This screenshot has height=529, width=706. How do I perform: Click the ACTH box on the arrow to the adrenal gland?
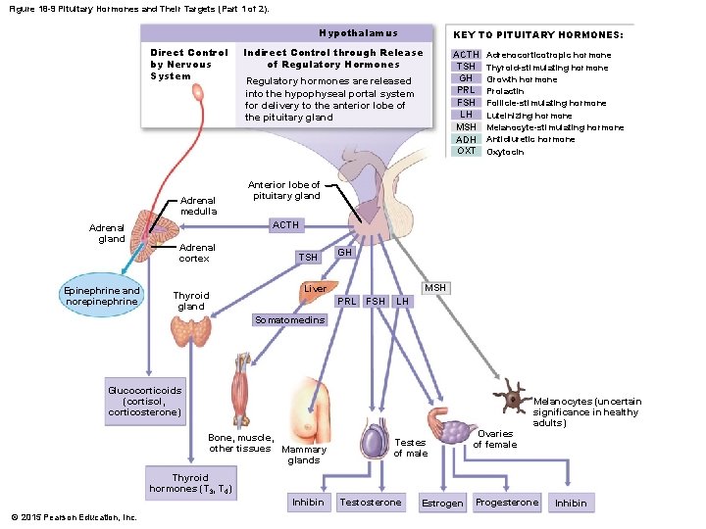pyautogui.click(x=286, y=225)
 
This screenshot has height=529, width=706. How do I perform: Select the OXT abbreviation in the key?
pyautogui.click(x=466, y=151)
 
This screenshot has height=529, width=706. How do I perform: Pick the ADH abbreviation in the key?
pyautogui.click(x=466, y=139)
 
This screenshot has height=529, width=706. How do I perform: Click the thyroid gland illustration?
pyautogui.click(x=191, y=331)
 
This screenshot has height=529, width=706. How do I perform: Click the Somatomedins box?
pyautogui.click(x=289, y=319)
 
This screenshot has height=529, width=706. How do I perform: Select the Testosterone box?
pyautogui.click(x=371, y=502)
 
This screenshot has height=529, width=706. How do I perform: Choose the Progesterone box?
pyautogui.click(x=507, y=502)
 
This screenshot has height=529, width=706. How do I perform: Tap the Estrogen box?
pyautogui.click(x=442, y=503)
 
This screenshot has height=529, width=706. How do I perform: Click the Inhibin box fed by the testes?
pyautogui.click(x=308, y=502)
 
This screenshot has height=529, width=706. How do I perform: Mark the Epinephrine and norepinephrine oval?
pyautogui.click(x=102, y=295)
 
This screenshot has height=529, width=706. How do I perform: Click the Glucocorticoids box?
pyautogui.click(x=145, y=402)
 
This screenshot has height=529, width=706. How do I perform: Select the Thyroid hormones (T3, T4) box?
pyautogui.click(x=191, y=483)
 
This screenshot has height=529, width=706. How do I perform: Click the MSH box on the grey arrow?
pyautogui.click(x=435, y=288)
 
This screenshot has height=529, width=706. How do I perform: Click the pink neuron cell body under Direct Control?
pyautogui.click(x=198, y=93)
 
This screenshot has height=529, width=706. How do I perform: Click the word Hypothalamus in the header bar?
pyautogui.click(x=359, y=33)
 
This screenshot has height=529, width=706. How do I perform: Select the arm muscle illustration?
pyautogui.click(x=241, y=389)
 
